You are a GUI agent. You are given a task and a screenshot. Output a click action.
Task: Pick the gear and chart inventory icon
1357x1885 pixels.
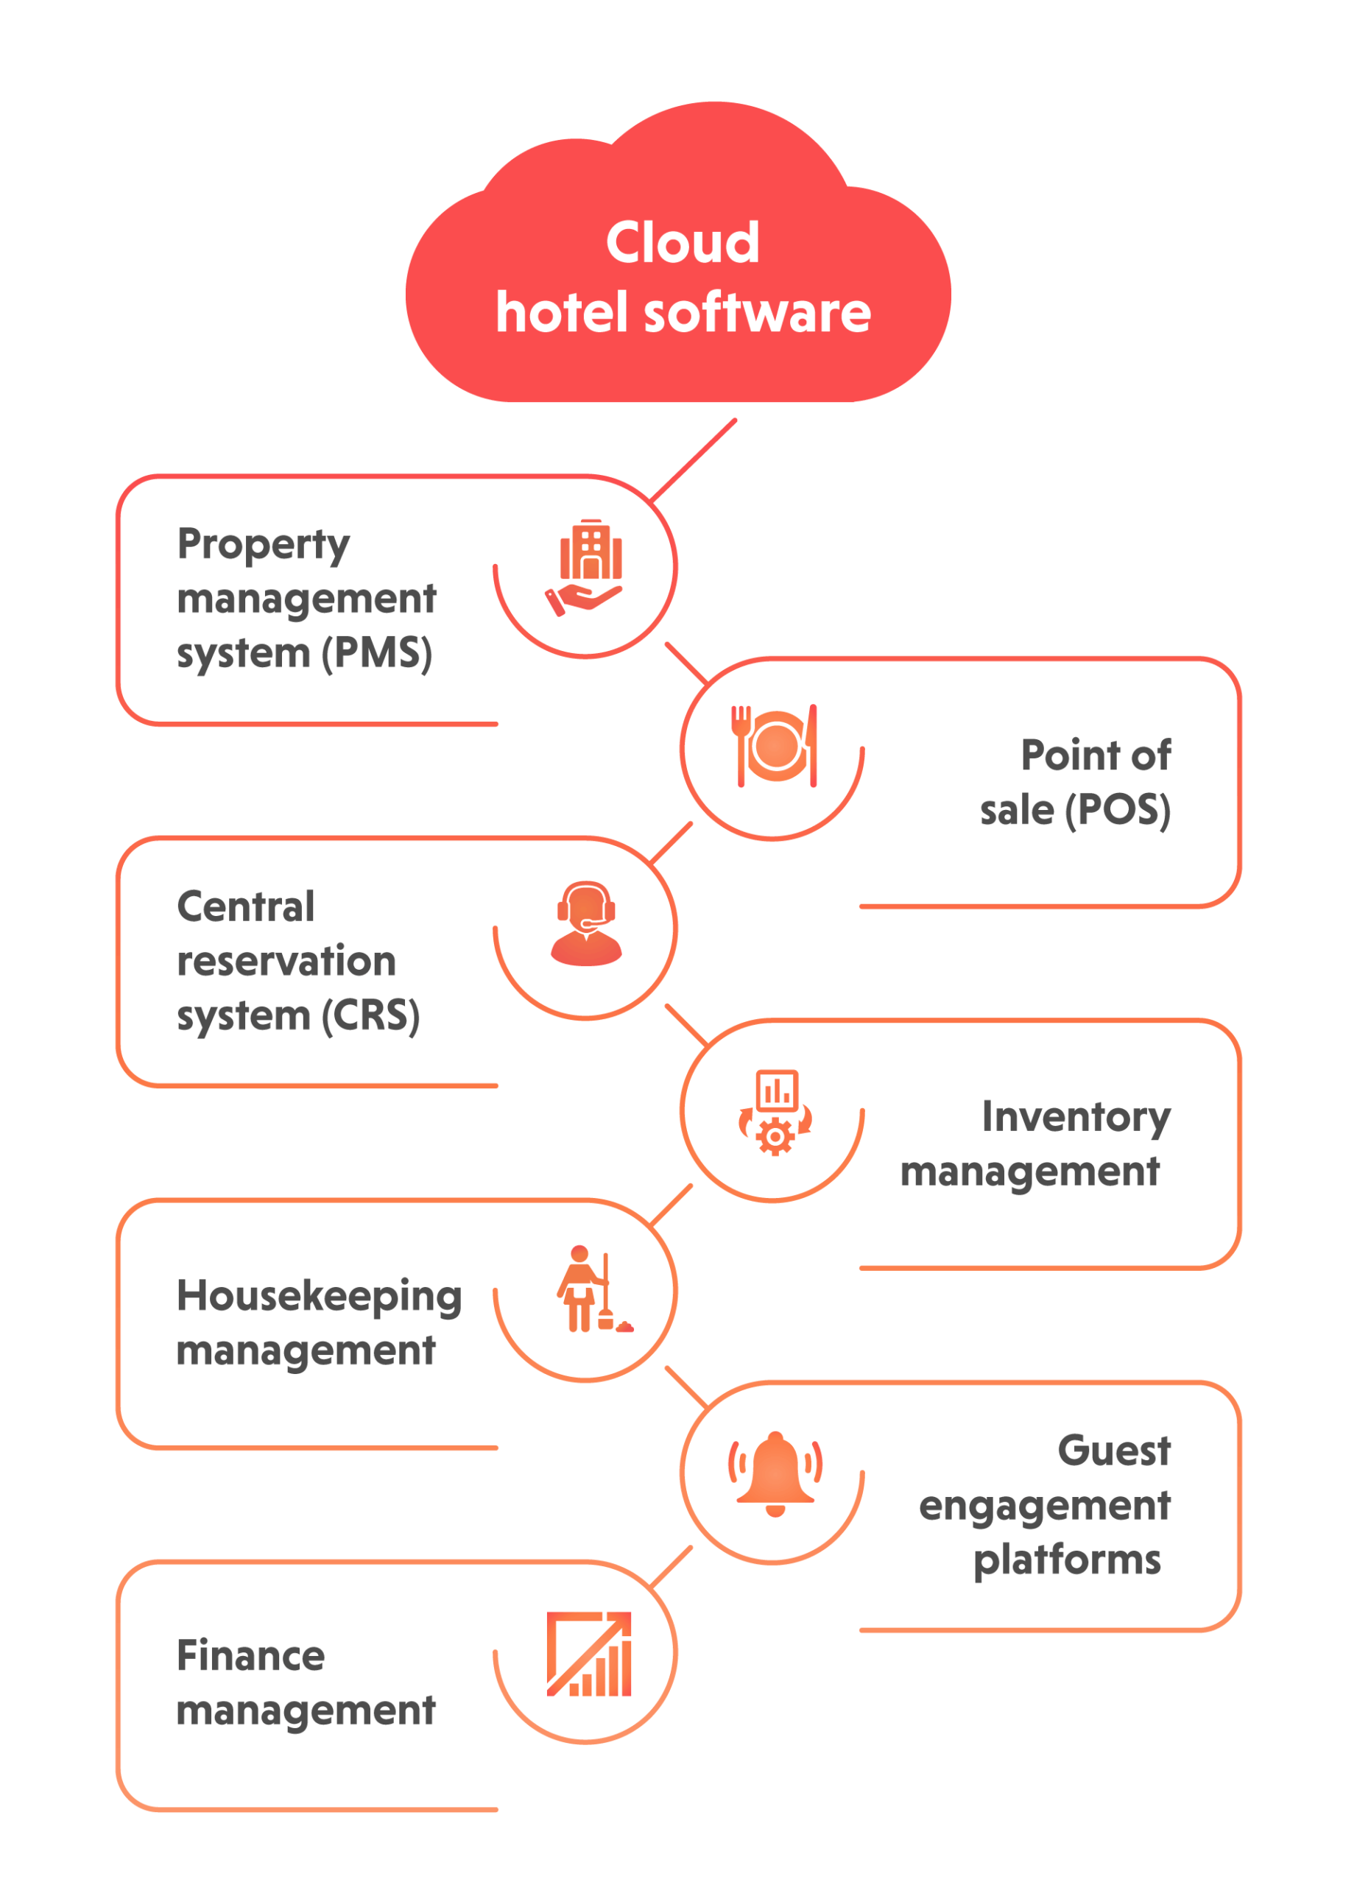[775, 1112]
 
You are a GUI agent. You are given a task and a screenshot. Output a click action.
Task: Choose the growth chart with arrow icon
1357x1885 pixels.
[588, 1654]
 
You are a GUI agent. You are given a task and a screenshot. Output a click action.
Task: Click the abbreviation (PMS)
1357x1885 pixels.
[376, 653]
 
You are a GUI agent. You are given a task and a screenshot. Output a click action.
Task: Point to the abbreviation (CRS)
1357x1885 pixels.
[370, 1015]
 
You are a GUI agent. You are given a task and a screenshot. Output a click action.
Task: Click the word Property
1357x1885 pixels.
[264, 545]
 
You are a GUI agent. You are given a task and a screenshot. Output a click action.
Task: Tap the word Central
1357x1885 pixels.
[246, 906]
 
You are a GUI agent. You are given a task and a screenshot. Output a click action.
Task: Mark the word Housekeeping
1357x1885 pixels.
[319, 1297]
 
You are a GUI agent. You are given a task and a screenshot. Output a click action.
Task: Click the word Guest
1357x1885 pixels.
[1113, 1451]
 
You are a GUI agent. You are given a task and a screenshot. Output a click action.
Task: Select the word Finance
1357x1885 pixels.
[250, 1655]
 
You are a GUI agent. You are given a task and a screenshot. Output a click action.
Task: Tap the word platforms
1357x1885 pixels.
[1066, 1560]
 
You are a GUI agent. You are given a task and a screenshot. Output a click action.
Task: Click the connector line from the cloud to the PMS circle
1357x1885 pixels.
[693, 460]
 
